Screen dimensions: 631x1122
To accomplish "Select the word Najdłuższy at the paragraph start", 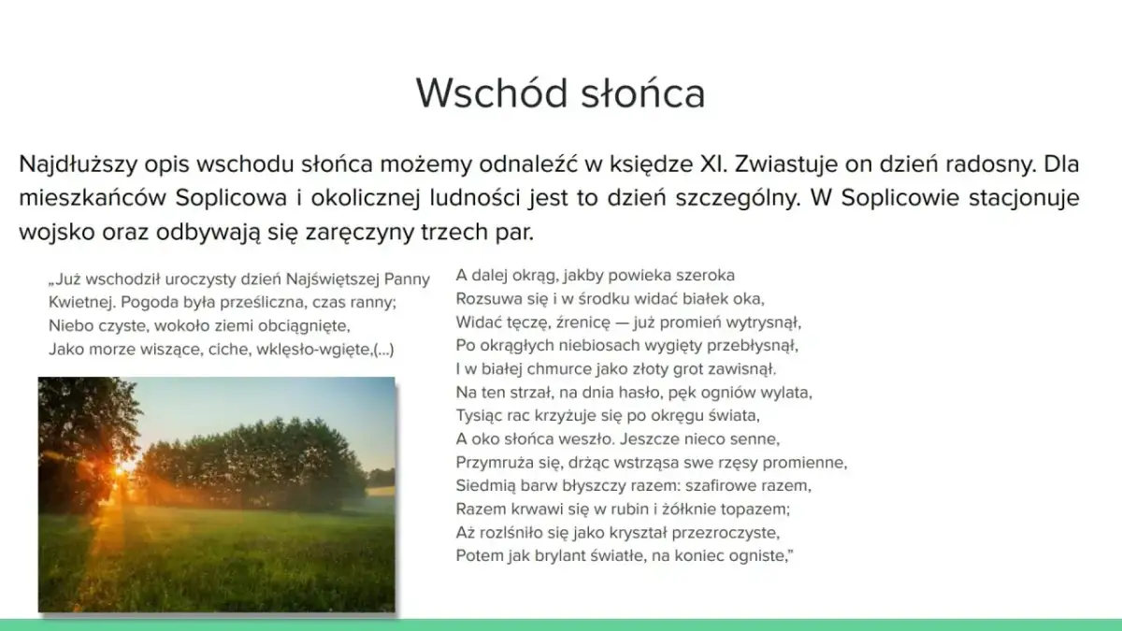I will [x=77, y=165].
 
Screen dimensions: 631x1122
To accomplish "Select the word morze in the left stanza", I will [x=107, y=349].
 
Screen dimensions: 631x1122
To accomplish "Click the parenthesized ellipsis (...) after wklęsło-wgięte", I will [x=382, y=349].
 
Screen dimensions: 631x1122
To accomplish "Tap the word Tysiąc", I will [x=480, y=415].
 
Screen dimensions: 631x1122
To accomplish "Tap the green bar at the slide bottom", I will [x=561, y=624].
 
